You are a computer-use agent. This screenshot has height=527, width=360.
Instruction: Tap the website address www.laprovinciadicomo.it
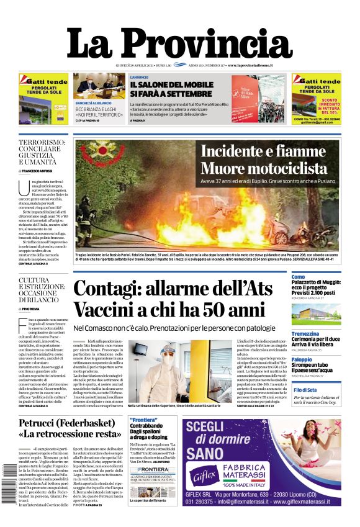click(x=254, y=65)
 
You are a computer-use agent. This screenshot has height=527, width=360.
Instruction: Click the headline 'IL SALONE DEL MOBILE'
click(x=168, y=85)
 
